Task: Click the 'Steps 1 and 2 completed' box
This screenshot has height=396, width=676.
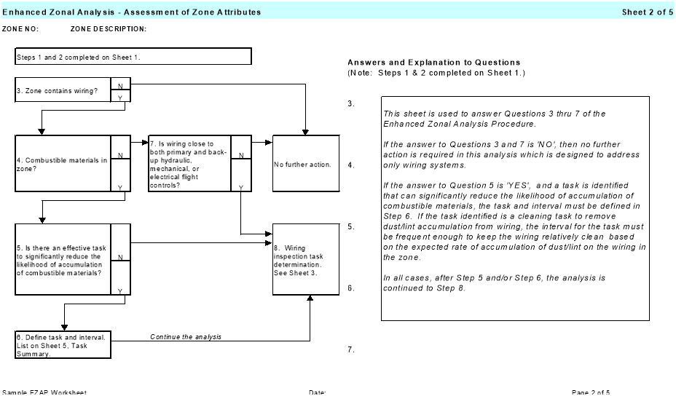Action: (x=133, y=57)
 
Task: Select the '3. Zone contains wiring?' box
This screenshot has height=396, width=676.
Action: (x=63, y=90)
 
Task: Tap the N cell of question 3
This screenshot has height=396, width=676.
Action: (x=120, y=85)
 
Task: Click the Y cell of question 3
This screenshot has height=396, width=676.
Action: (x=120, y=97)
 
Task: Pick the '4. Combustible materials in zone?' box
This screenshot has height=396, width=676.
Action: (x=63, y=163)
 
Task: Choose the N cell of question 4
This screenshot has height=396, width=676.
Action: (x=120, y=154)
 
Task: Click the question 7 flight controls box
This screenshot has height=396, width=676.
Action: (x=189, y=163)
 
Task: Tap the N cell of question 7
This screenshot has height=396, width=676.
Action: (x=241, y=154)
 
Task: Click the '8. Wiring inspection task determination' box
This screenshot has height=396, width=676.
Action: (x=306, y=259)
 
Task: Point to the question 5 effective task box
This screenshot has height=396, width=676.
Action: (x=63, y=259)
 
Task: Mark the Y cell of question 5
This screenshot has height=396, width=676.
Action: (x=120, y=290)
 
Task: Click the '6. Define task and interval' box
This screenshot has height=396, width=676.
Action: (x=63, y=345)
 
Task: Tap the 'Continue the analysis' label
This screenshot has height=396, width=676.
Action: (x=186, y=337)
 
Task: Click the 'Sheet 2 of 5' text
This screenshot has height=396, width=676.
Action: (x=647, y=12)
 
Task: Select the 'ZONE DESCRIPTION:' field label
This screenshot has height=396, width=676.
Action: (x=109, y=29)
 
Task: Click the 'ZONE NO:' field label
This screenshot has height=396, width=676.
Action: (x=20, y=29)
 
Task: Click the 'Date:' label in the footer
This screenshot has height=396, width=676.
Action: (x=317, y=393)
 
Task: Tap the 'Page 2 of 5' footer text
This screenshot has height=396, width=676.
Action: (x=591, y=393)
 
